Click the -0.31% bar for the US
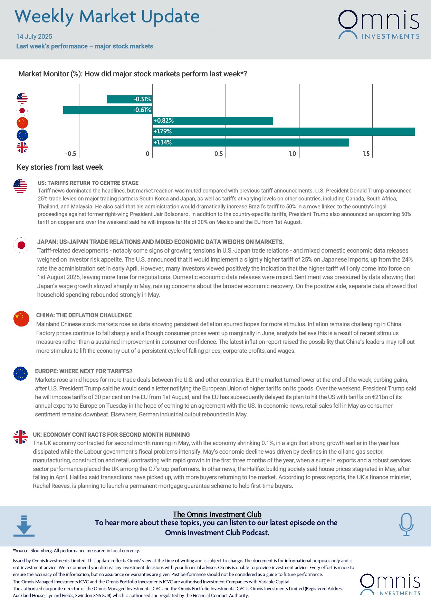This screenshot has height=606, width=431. pos(129,99)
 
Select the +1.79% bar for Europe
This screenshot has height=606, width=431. pos(283,132)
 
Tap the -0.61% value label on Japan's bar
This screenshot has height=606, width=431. pos(142,110)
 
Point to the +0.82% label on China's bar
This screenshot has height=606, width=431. pos(164,121)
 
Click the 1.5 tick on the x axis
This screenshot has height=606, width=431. pos(366,154)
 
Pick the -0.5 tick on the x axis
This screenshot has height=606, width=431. pos(70,154)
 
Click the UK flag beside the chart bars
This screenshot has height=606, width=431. pos(22,148)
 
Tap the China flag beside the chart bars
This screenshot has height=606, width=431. pos(22,123)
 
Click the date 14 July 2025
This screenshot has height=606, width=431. pos(34,37)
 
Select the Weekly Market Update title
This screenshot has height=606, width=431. pos(107,17)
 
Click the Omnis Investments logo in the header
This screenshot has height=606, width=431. pos(379,24)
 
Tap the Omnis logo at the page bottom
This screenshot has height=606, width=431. pos(390,584)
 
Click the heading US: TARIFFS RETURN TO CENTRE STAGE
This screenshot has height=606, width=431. pos(88,183)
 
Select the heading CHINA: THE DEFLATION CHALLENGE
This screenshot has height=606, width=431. pos(84,315)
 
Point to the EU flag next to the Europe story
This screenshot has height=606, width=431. pos(20,373)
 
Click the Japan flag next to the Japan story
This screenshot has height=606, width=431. pos(21,245)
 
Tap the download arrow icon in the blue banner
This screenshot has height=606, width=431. pos(24,526)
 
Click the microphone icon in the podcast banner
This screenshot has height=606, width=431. pos(406,524)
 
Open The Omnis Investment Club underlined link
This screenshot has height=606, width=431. pos(217,514)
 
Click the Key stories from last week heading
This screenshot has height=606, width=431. pos(60,167)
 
